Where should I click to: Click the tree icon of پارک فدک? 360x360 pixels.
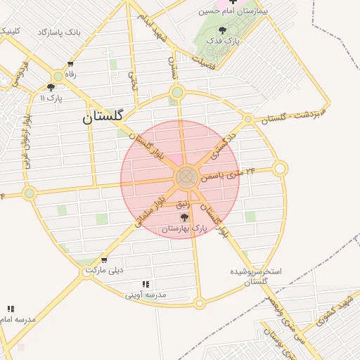223,30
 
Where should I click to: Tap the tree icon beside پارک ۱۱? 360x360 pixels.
51,87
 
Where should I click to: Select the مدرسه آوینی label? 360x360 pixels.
146,295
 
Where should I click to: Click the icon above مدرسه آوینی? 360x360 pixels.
146,284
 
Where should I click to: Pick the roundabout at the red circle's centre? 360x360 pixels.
186,177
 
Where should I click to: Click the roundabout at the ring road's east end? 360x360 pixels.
280,169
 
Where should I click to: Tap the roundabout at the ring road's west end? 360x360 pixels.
29,193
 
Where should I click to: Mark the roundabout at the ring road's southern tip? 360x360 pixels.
199,304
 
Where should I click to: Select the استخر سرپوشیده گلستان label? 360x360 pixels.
256,276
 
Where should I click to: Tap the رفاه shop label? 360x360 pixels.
70,74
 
